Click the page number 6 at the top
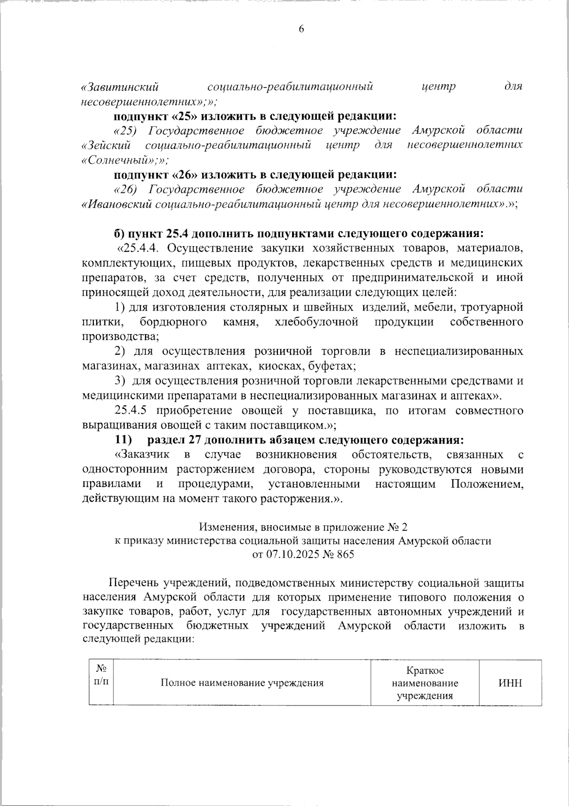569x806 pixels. pyautogui.click(x=301, y=29)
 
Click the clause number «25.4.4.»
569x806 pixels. pyautogui.click(x=143, y=248)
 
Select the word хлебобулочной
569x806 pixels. pyautogui.click(x=316, y=322)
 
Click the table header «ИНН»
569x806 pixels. pyautogui.click(x=510, y=683)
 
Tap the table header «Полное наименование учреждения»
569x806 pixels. pyautogui.click(x=242, y=683)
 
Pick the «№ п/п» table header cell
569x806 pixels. pyautogui.click(x=101, y=675)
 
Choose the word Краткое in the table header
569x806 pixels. pyautogui.click(x=425, y=670)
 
